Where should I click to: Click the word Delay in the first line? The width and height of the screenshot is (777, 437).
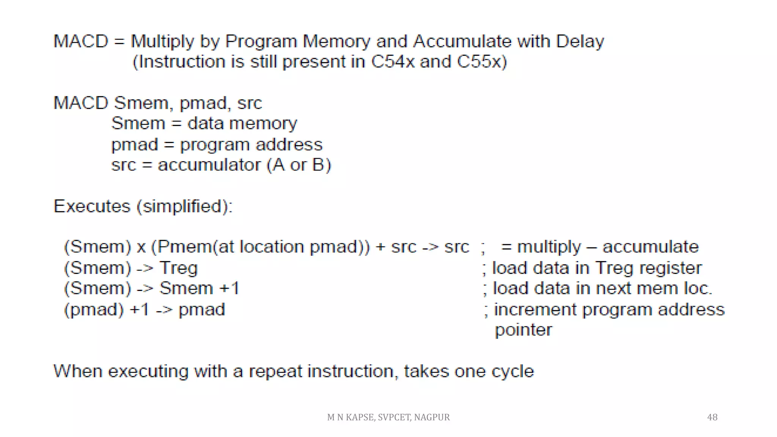tap(580, 41)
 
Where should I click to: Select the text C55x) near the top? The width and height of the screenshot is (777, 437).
tap(482, 62)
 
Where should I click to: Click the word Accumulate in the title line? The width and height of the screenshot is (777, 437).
tap(462, 41)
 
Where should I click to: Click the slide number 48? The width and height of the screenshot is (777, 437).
tap(712, 417)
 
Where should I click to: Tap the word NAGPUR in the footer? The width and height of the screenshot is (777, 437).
tap(432, 417)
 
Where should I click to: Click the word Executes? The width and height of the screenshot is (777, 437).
tap(92, 206)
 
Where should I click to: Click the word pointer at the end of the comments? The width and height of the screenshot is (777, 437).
tap(523, 330)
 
